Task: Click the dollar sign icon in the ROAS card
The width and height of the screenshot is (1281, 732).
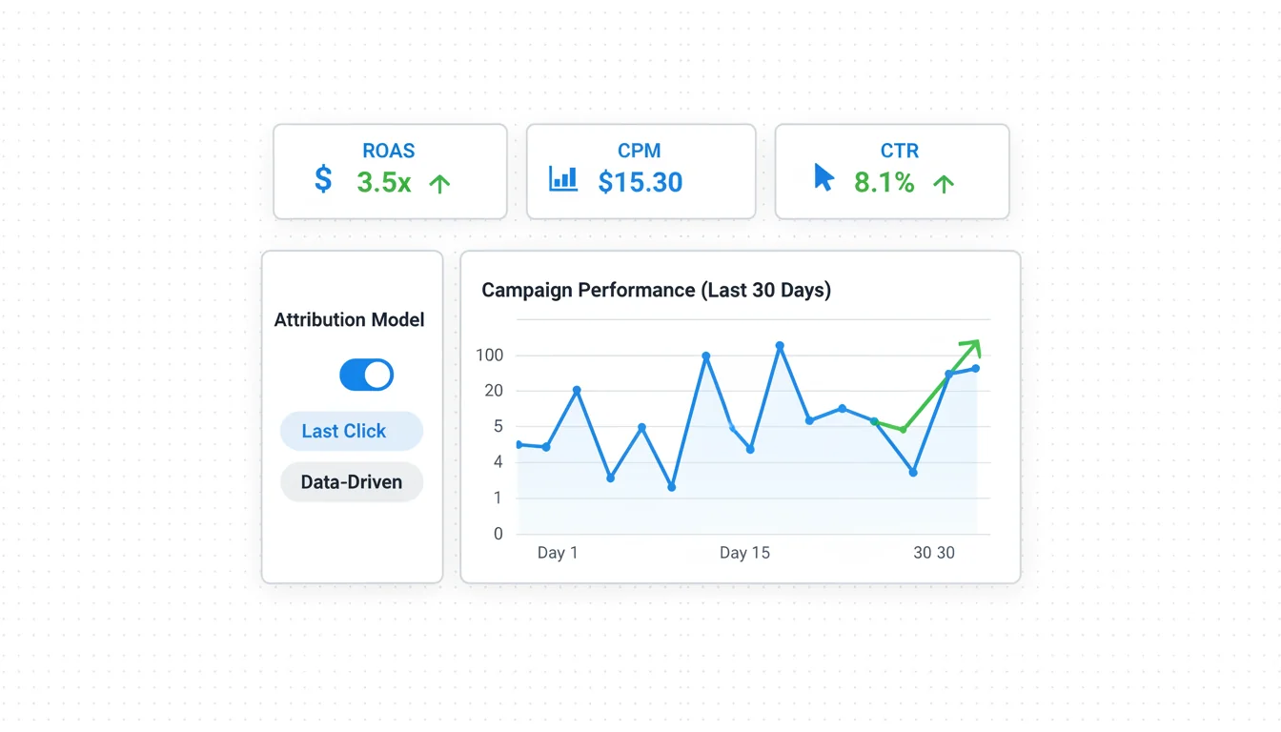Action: (324, 179)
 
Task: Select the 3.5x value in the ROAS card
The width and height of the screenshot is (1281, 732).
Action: (384, 182)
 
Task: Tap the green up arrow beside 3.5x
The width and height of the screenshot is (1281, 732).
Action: (439, 184)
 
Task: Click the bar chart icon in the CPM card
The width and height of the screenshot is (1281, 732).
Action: (563, 178)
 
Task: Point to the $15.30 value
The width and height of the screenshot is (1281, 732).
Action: (640, 182)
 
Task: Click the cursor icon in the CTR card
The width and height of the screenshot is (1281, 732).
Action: (824, 177)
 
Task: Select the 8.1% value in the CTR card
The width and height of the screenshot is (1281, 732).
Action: (884, 182)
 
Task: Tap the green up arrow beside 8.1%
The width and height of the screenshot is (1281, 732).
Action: (944, 184)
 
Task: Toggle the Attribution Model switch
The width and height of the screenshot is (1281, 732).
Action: (367, 375)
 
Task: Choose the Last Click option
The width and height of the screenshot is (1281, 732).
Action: (352, 431)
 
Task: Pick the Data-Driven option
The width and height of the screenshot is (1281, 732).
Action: (352, 482)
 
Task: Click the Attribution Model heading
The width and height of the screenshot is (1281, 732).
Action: (350, 320)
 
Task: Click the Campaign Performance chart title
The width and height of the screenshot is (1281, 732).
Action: (656, 290)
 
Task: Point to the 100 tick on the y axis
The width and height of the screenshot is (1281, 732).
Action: (489, 356)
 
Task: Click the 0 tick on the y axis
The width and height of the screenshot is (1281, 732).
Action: (498, 534)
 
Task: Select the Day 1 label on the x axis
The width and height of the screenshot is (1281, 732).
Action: (558, 553)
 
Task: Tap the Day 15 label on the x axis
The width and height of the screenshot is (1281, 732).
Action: (744, 553)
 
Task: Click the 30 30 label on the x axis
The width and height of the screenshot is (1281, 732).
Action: (933, 553)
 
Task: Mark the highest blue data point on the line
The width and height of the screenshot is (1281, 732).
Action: (780, 346)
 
